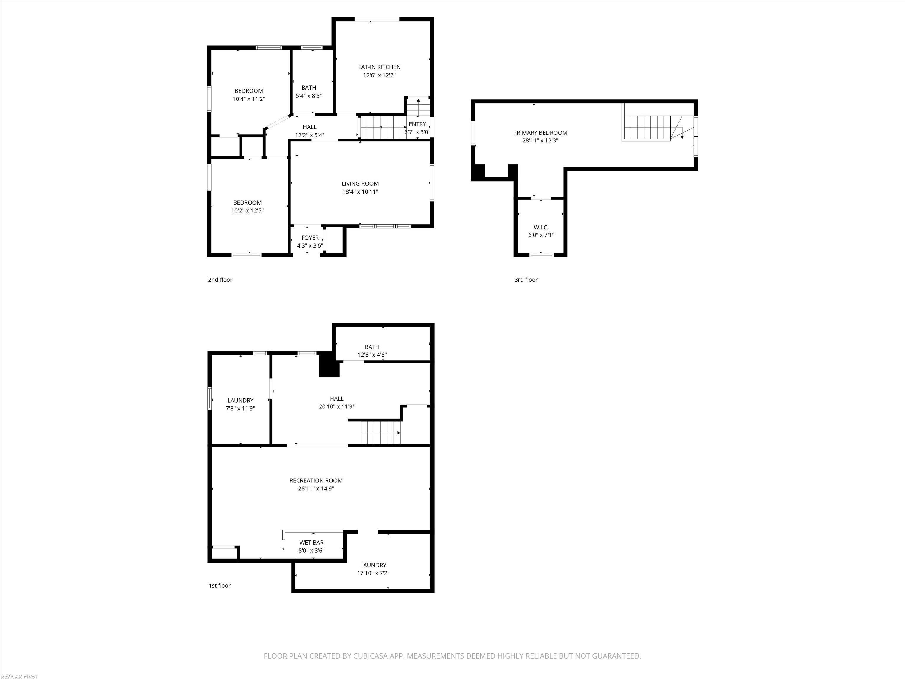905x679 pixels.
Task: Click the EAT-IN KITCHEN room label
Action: pos(379,67)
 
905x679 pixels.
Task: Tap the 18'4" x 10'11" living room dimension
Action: pos(360,192)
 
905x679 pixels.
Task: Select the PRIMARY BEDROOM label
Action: pos(540,133)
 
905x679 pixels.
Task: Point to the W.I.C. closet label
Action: pos(541,227)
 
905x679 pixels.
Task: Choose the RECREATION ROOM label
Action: pos(316,480)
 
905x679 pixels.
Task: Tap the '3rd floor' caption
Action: pos(526,280)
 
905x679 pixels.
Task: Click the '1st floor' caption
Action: pos(220,586)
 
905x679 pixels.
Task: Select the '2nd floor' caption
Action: pos(220,280)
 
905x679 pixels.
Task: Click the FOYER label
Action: pos(310,238)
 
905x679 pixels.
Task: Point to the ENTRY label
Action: pos(417,124)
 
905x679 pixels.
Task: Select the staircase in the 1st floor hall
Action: pos(380,433)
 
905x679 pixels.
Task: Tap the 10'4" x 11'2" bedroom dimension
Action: pos(249,99)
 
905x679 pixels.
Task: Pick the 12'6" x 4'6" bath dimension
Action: pos(372,355)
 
